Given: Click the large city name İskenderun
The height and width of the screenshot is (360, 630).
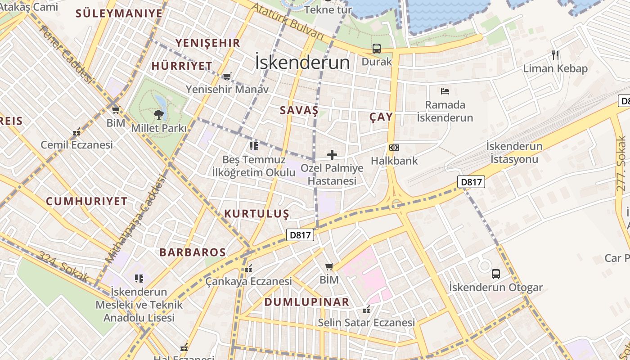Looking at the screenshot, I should click(302, 62).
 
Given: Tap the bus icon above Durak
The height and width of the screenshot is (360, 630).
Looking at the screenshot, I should click(377, 48).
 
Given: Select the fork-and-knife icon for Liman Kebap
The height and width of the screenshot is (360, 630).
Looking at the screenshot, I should click(555, 55).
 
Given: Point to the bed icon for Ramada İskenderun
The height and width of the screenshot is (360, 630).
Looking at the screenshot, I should click(445, 91).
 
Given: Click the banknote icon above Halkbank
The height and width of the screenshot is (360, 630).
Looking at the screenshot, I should click(394, 148).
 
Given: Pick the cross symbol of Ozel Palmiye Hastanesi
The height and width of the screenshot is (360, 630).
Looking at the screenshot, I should click(332, 155).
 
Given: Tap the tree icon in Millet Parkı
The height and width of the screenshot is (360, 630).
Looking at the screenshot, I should click(158, 115).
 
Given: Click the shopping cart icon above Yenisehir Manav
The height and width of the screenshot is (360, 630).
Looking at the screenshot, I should click(227, 76).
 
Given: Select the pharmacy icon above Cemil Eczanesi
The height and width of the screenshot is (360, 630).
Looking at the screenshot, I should click(76, 132).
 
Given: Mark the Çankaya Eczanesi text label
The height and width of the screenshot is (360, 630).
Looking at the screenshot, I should click(249, 282).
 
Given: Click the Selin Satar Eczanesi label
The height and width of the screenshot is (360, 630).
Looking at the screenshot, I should click(366, 323).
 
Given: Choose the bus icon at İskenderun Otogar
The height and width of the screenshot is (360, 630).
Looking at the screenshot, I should click(495, 274).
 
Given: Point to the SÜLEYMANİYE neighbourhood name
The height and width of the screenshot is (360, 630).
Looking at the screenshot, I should click(119, 13).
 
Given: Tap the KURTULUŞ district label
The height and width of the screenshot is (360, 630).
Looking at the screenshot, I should click(256, 214).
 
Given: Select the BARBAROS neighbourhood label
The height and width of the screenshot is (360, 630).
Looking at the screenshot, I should click(193, 252).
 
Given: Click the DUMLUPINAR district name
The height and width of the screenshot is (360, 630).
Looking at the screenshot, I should click(307, 302).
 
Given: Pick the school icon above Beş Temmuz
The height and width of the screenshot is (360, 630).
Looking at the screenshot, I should click(254, 146).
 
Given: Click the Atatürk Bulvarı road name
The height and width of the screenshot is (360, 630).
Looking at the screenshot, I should click(288, 21).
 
